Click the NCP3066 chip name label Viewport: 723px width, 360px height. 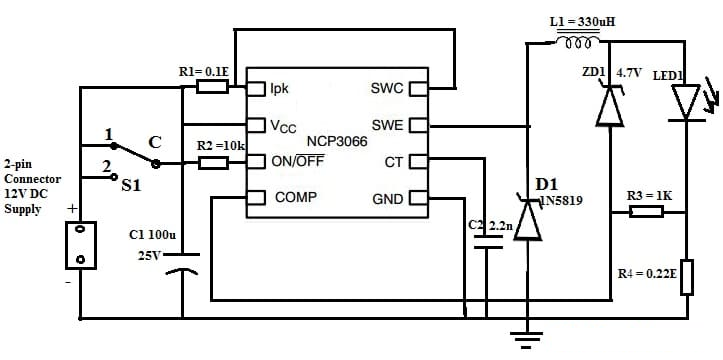point(337,142)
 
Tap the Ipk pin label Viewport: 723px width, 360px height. point(279,88)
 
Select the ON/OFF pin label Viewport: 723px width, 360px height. point(297,161)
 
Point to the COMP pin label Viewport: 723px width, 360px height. point(295,197)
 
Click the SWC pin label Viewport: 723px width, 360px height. point(386,88)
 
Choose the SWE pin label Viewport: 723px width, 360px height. point(386,125)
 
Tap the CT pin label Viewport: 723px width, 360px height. point(393,161)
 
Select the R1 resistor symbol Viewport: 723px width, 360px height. point(212,88)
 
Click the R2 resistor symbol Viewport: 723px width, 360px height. point(214,162)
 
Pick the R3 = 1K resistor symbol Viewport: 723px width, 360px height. point(646,211)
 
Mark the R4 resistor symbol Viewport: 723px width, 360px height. point(686,277)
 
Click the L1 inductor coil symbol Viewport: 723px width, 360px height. point(579,43)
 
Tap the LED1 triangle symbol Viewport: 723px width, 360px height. point(686,101)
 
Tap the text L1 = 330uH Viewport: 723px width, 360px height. point(582,22)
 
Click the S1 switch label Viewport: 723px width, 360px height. point(131,184)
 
